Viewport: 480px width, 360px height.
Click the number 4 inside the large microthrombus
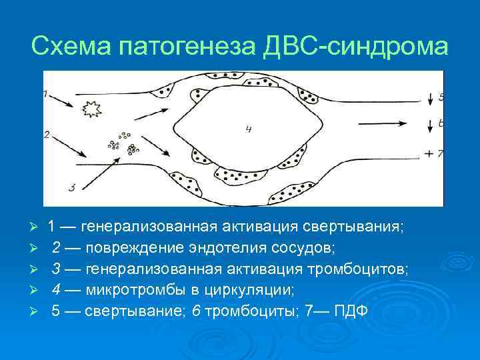(248, 129)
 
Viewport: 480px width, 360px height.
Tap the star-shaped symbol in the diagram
(89, 108)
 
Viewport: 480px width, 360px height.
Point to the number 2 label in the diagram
(46, 134)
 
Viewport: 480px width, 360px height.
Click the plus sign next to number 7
(428, 154)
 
